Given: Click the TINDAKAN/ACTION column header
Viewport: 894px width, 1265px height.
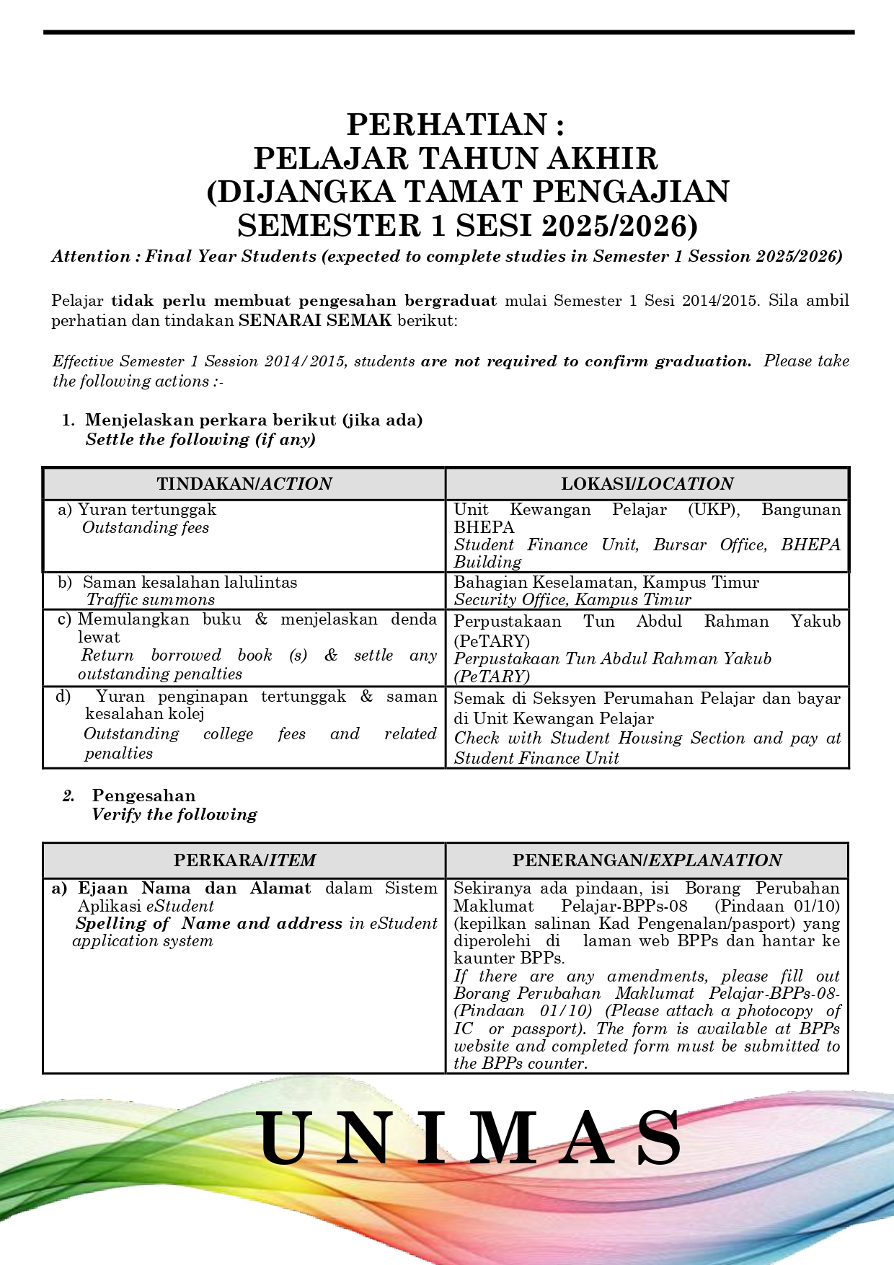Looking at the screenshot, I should pyautogui.click(x=244, y=484).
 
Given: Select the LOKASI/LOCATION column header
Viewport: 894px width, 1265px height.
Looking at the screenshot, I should pyautogui.click(x=647, y=484).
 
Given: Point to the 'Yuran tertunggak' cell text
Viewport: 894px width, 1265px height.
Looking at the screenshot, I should pyautogui.click(x=147, y=509).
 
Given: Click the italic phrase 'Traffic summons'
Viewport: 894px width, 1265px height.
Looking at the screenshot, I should pyautogui.click(x=151, y=599).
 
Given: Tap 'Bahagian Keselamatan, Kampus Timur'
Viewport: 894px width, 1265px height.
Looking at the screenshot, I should pyautogui.click(x=606, y=582).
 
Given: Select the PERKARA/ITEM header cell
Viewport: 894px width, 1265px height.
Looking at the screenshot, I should pyautogui.click(x=244, y=860).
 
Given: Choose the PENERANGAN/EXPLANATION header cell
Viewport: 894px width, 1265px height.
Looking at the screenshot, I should pyautogui.click(x=647, y=860).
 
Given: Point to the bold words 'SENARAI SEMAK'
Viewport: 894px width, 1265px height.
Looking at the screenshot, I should pyautogui.click(x=315, y=320).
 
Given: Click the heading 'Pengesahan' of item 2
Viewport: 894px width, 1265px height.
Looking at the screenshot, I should pyautogui.click(x=143, y=795).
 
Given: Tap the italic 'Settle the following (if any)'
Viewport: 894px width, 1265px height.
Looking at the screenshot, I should pyautogui.click(x=200, y=439).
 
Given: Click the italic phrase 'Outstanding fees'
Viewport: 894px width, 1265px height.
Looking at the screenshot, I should pyautogui.click(x=146, y=527).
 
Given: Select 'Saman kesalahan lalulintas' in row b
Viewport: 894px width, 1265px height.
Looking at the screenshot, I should pyautogui.click(x=190, y=582).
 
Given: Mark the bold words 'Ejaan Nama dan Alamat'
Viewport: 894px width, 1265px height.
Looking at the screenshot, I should pyautogui.click(x=195, y=888).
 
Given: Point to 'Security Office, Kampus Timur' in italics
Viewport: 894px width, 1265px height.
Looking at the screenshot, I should pyautogui.click(x=572, y=599).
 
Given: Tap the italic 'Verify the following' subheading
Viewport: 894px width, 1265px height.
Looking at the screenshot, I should pyautogui.click(x=174, y=814).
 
